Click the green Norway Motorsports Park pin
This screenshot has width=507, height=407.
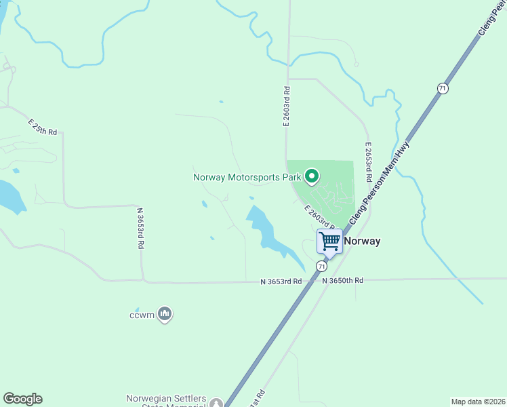coord(312,176)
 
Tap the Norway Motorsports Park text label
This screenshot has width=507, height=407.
coord(247,178)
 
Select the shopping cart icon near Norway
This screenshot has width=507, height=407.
coord(330,241)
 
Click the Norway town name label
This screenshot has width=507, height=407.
coord(362,241)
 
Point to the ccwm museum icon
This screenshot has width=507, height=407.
coord(165,313)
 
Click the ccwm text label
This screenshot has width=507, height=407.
coord(142,315)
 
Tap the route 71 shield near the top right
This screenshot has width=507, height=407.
coord(442,88)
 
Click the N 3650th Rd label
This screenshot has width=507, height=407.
coord(343,280)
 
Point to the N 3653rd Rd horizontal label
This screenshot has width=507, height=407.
coord(281,281)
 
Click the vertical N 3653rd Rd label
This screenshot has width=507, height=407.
coord(141,229)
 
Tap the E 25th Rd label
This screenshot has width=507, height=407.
coord(43,126)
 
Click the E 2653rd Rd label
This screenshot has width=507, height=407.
coord(368,161)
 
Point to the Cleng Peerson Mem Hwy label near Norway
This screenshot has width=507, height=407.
coord(381,183)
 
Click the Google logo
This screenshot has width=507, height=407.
coord(22,399)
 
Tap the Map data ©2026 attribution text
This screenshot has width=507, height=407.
coord(477,402)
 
